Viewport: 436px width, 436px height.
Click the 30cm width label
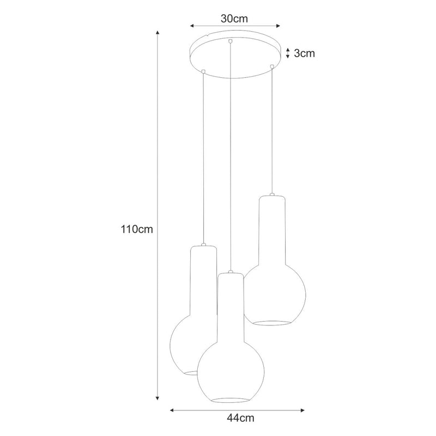[234, 18]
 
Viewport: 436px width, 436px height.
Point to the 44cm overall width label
[241, 418]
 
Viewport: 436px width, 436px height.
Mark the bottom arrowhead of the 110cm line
[158, 397]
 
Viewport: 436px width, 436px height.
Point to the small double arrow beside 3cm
[288, 53]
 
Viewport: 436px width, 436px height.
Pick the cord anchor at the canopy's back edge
[231, 41]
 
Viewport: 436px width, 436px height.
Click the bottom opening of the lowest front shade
[231, 400]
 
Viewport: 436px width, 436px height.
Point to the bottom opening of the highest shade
[271, 323]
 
